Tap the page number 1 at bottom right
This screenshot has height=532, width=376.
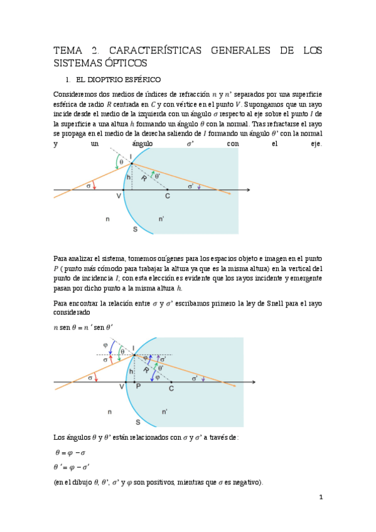click(321, 497)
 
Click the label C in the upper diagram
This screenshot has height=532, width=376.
click(168, 196)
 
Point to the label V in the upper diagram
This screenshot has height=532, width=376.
click(119, 196)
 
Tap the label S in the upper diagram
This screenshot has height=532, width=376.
click(135, 229)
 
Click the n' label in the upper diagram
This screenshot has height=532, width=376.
click(162, 219)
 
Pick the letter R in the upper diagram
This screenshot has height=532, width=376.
click(144, 179)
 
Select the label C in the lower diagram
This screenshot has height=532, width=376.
click(171, 389)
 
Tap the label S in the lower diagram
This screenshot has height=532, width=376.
click(137, 422)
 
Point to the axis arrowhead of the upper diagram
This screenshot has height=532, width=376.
click(249, 189)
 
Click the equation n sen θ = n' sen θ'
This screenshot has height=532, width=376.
click(83, 326)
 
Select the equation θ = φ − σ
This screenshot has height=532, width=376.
click(71, 452)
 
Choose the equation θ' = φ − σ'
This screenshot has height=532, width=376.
click(73, 467)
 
